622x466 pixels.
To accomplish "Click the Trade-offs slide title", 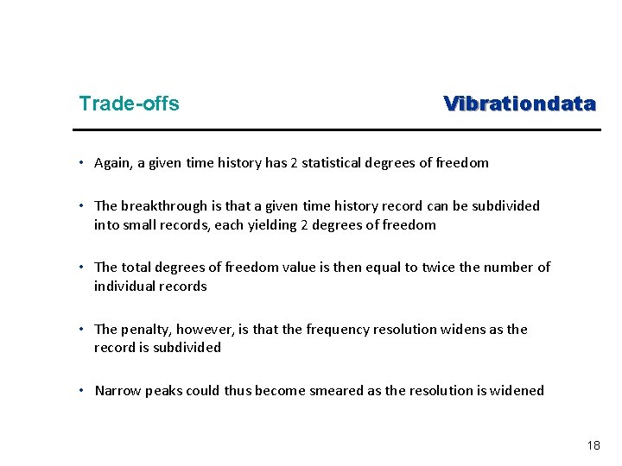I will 129,104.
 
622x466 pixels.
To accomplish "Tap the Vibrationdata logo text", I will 519,104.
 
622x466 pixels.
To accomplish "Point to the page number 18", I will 593,445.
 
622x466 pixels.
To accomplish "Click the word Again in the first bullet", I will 113,162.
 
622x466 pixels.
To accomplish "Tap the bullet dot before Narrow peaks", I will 79,390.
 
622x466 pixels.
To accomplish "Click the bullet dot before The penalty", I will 79,329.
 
